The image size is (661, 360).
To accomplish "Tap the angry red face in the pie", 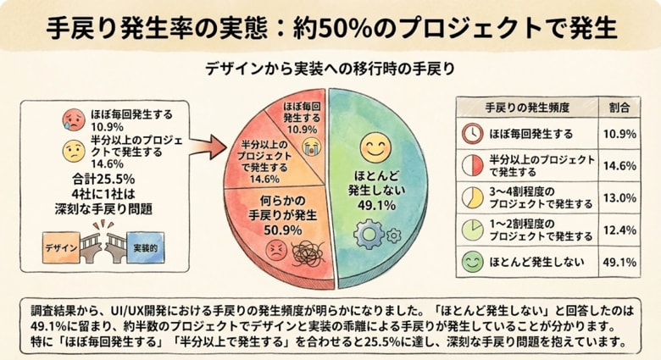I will tap(275, 251).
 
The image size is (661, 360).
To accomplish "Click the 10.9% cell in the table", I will tap(619, 134).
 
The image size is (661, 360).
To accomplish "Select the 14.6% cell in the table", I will tap(619, 166).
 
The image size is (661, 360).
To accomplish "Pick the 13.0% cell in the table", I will tap(619, 198).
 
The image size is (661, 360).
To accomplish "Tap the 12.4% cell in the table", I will tap(619, 230).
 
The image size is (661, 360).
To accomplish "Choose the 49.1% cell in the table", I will tap(619, 262).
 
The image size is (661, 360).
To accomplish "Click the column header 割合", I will tap(619, 108).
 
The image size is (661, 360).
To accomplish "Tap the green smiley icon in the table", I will tap(472, 262).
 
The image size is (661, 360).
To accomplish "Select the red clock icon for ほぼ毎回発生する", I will tap(472, 134).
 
